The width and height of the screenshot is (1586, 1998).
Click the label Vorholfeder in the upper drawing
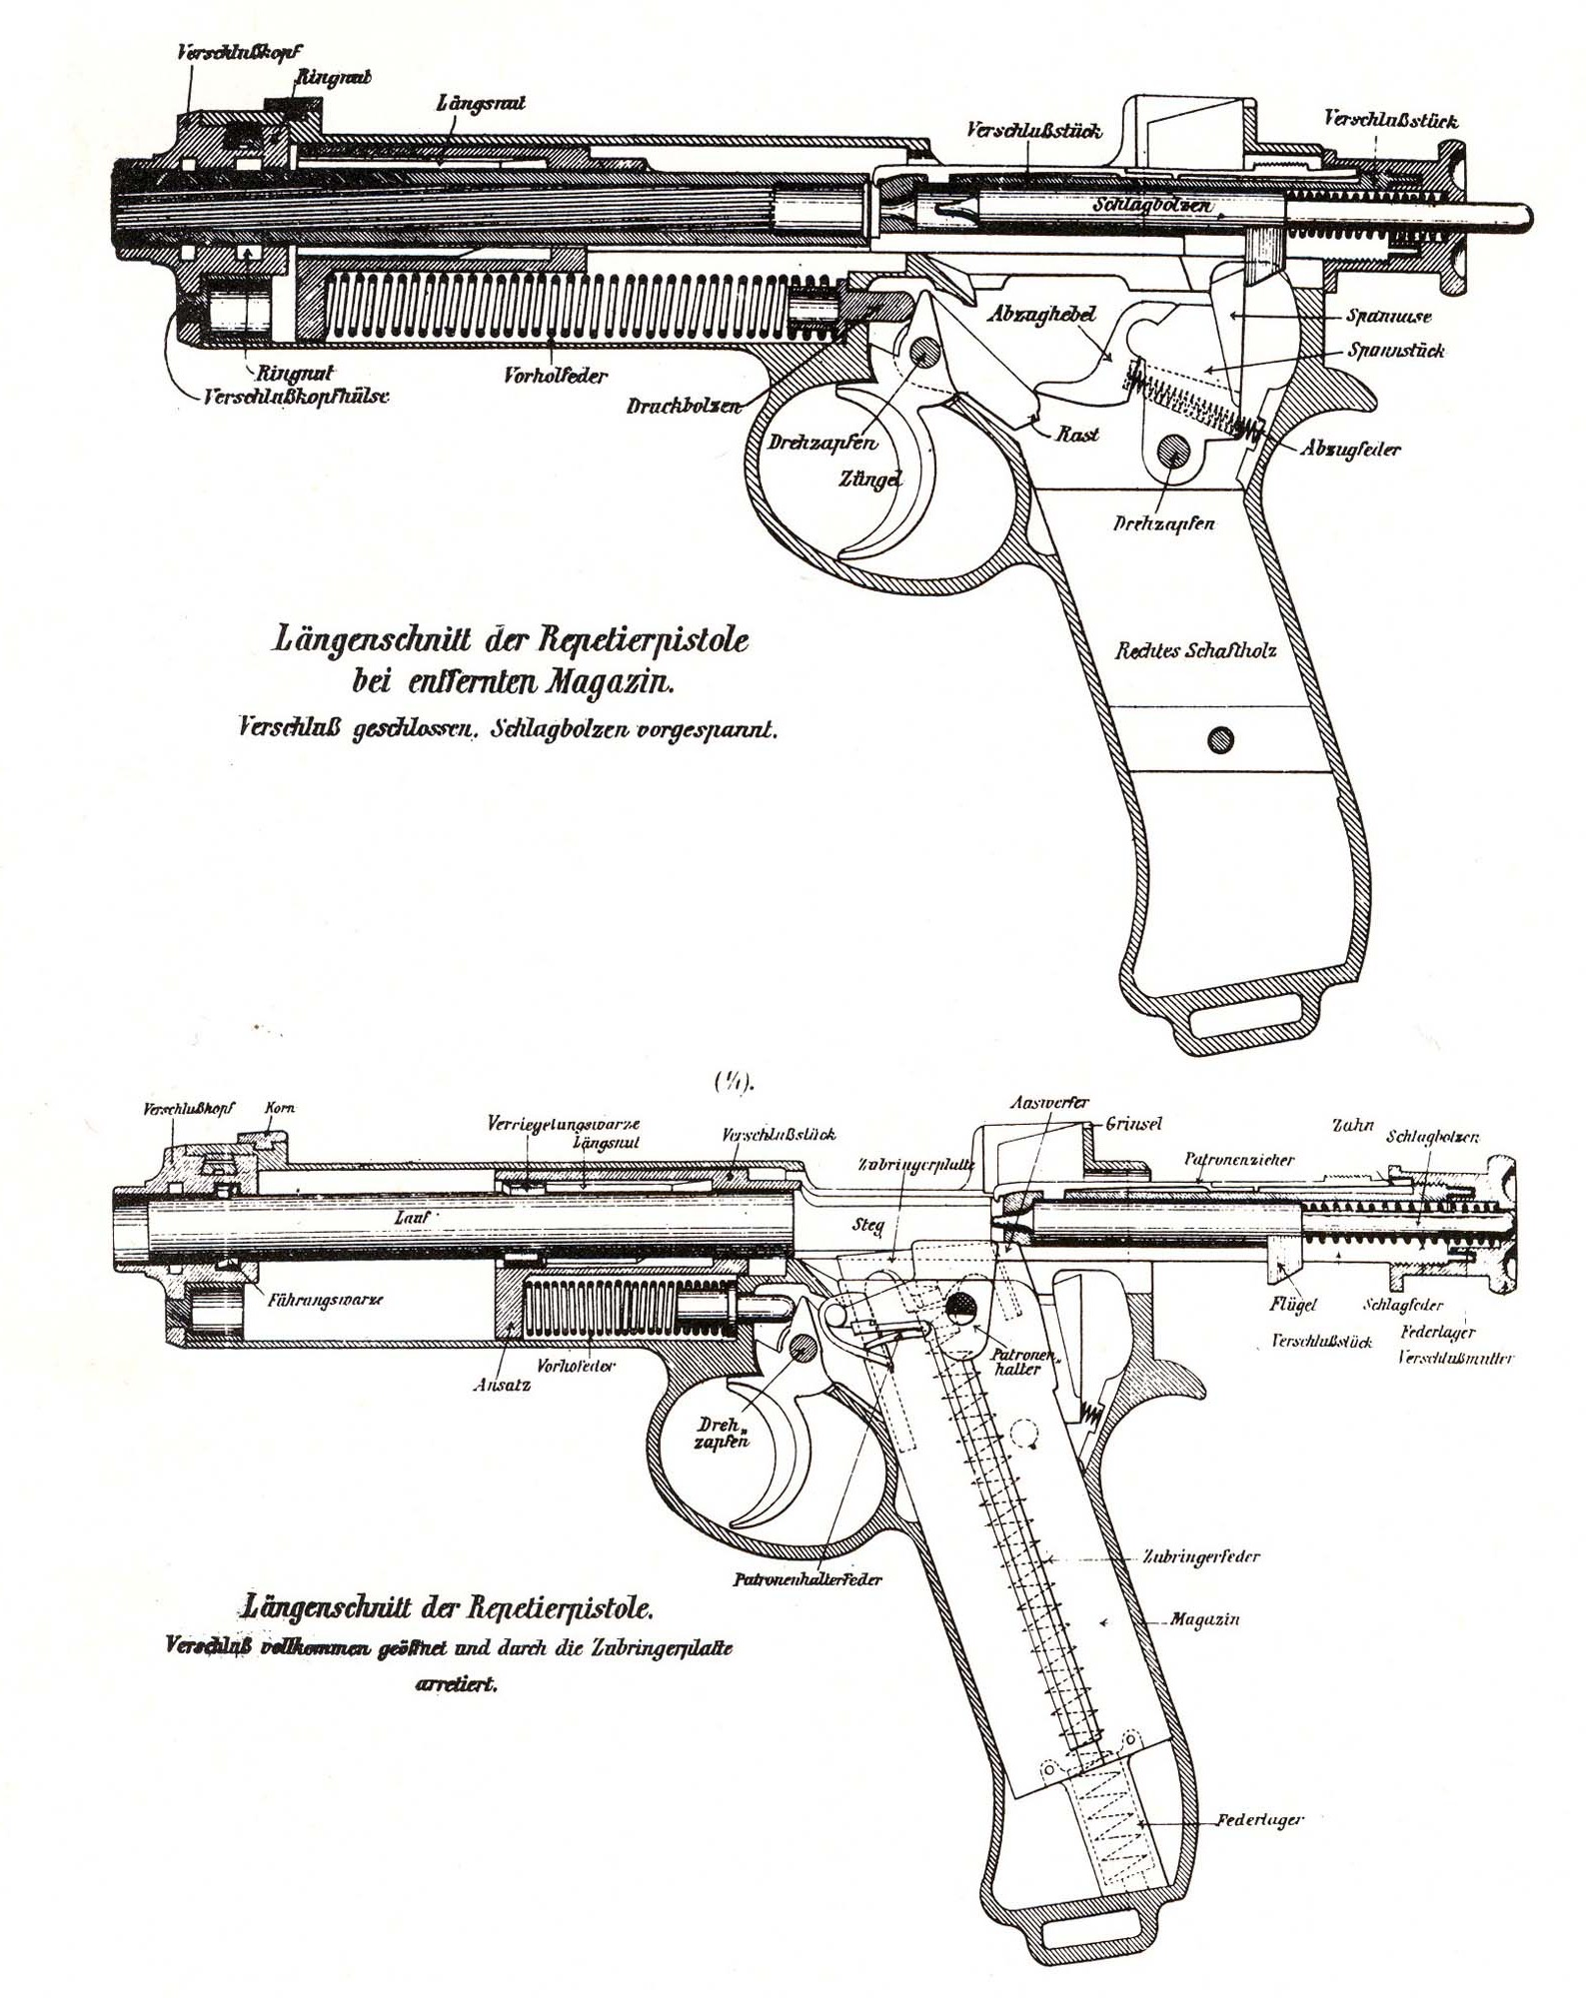[556, 379]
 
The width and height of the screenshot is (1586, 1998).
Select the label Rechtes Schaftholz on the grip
[1195, 651]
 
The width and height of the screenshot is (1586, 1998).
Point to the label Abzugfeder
[1349, 449]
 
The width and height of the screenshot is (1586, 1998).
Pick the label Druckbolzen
[684, 407]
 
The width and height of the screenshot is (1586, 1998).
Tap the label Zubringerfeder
[1201, 1555]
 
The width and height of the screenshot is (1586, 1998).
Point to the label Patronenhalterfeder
[807, 1580]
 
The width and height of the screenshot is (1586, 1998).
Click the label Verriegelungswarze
[564, 1122]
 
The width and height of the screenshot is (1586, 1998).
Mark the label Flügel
[1292, 1305]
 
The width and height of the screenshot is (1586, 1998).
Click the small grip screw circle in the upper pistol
[1219, 739]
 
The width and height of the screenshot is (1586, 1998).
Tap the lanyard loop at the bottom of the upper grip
[1248, 1019]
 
